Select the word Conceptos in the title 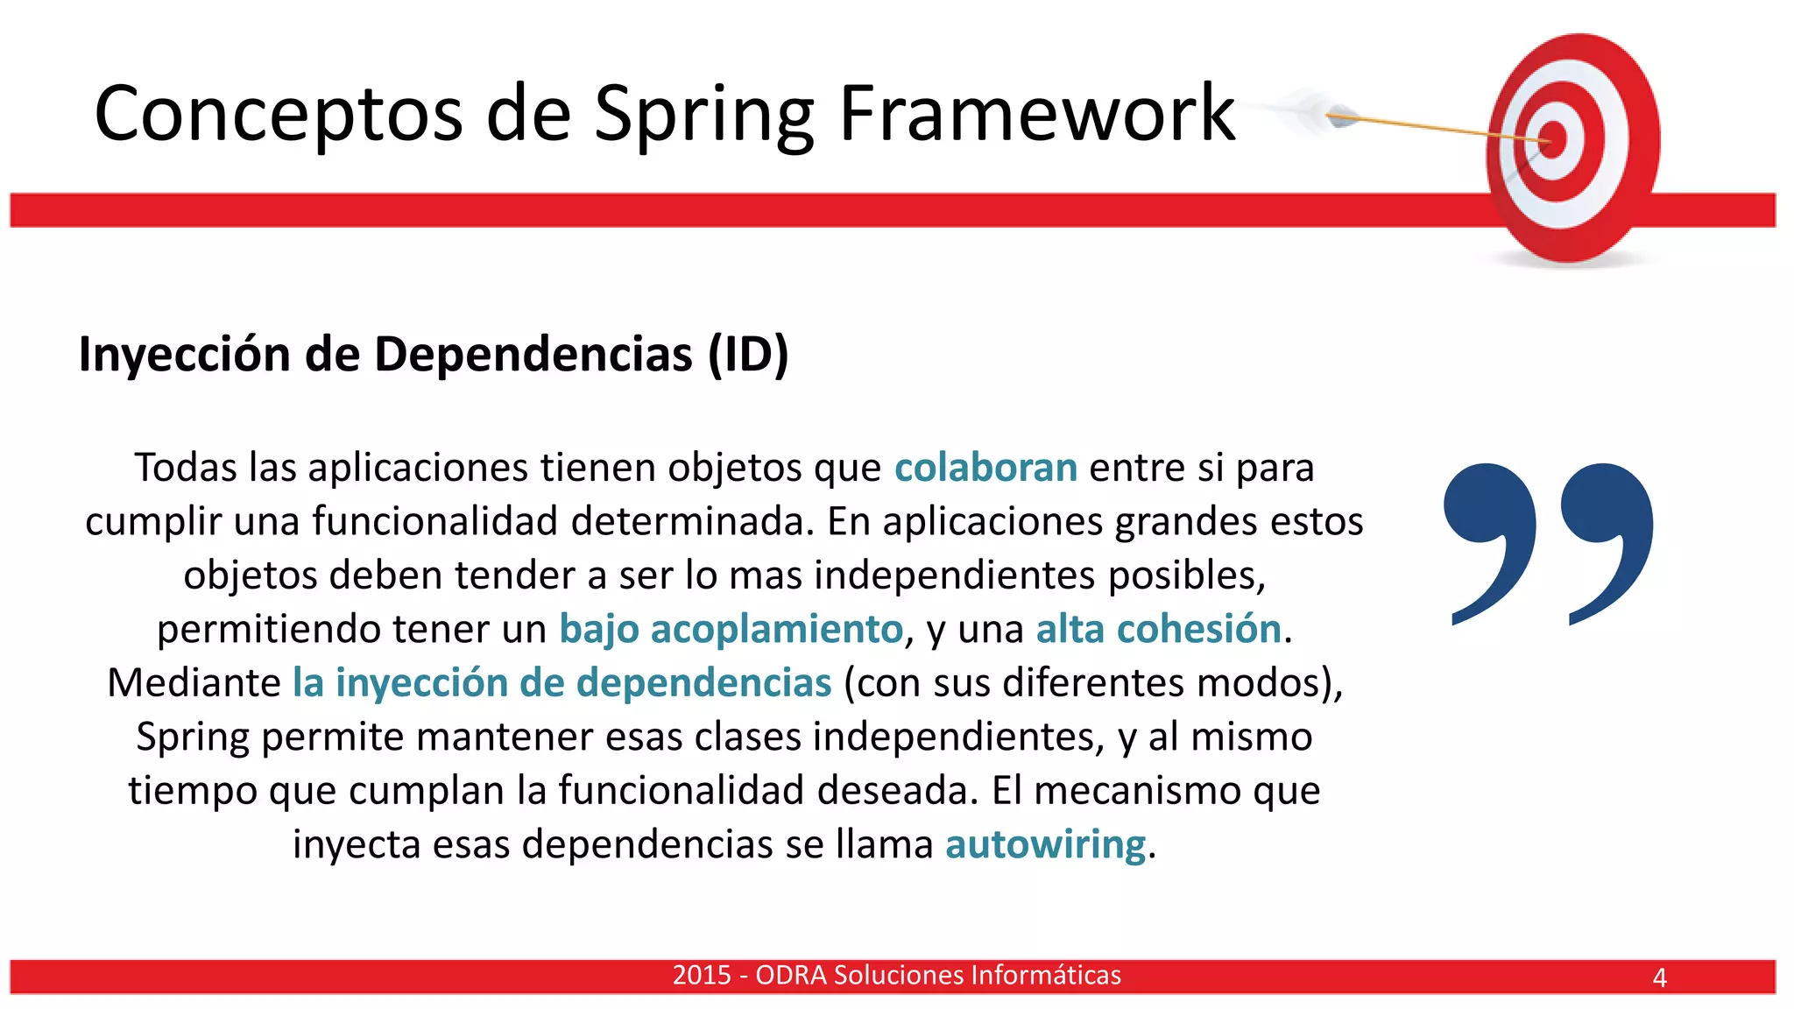(x=279, y=114)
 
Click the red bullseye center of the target (x=1553, y=140)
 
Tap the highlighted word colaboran (x=985, y=468)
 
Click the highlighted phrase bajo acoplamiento (x=731, y=629)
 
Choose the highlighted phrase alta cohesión (x=1158, y=629)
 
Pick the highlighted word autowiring (x=1045, y=844)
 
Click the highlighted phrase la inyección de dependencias (x=562, y=683)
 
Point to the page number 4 (x=1659, y=977)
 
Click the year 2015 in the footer (x=702, y=975)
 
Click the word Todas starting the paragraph (x=186, y=468)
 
